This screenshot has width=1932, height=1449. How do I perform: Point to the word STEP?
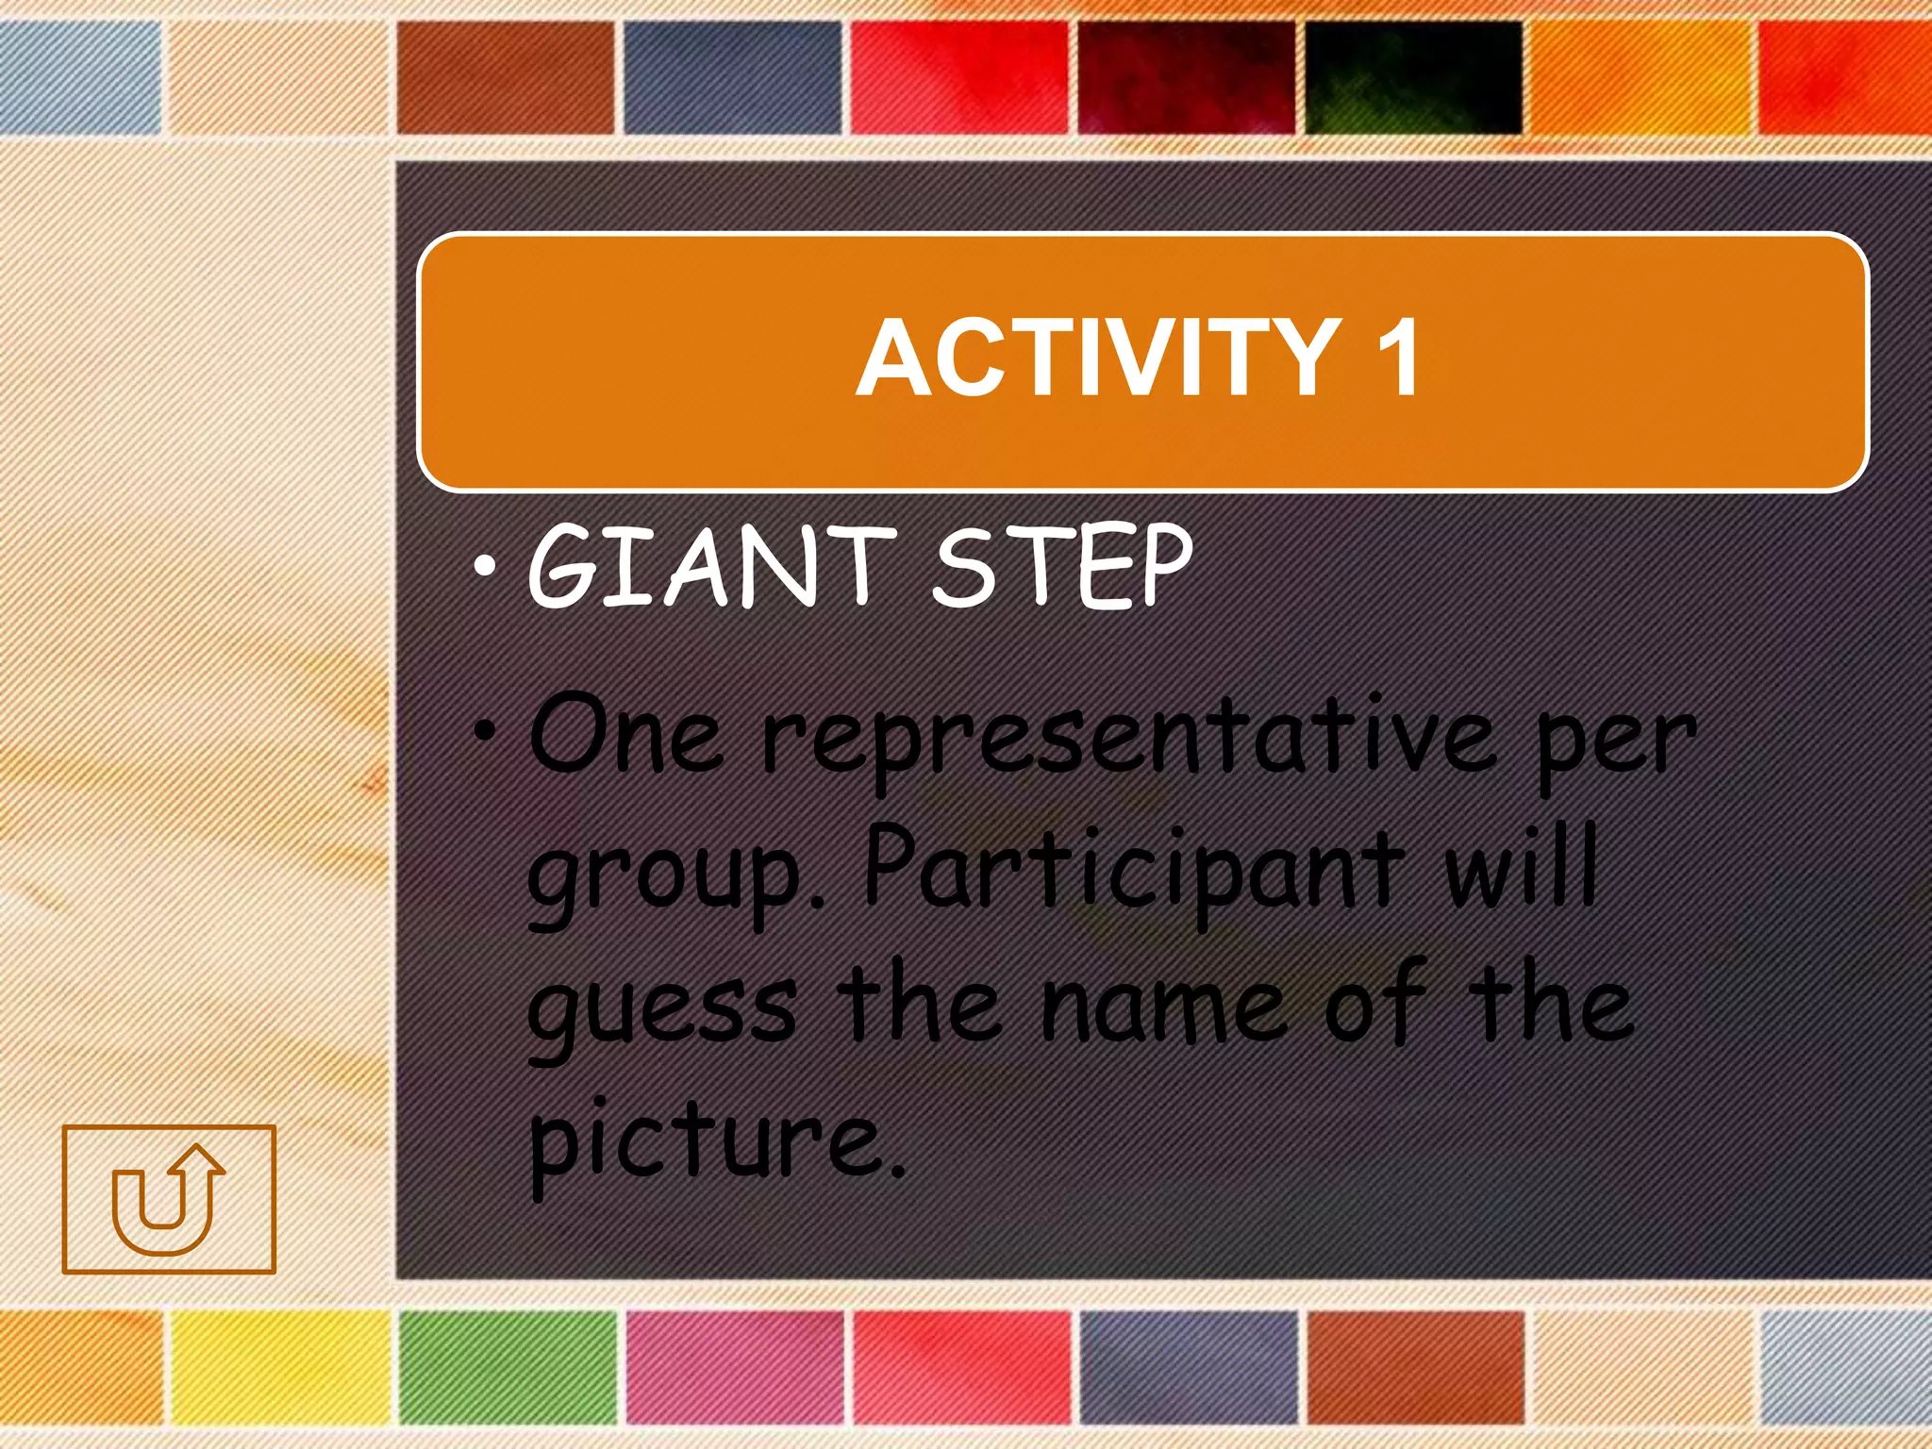click(1062, 566)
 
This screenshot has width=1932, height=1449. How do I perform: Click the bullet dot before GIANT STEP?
click(485, 567)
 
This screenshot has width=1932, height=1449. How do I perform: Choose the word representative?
click(1127, 741)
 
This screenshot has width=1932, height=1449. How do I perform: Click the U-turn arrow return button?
click(169, 1198)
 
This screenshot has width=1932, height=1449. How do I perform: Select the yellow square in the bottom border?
click(281, 1366)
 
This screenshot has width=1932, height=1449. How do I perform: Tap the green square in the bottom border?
click(508, 1366)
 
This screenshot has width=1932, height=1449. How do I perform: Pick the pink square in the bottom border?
click(735, 1366)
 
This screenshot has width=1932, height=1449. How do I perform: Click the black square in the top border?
click(1413, 77)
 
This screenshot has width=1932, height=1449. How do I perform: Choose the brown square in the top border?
click(506, 77)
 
